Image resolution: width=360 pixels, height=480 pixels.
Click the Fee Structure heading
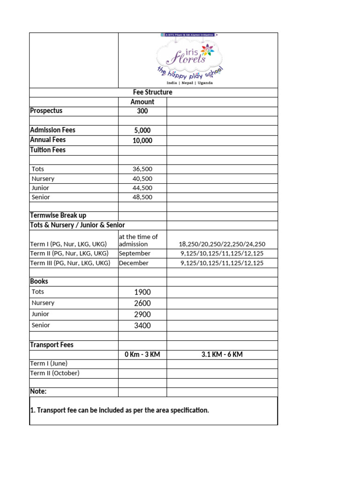click(x=152, y=92)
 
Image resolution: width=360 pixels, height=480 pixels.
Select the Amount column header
click(x=142, y=102)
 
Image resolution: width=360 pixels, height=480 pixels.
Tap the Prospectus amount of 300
click(x=142, y=111)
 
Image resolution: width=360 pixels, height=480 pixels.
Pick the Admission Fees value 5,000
click(x=142, y=130)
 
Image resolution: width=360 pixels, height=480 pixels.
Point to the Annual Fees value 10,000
click(x=142, y=140)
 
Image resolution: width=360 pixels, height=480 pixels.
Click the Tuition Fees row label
click(x=48, y=150)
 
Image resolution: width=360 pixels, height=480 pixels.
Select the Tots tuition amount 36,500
click(x=142, y=169)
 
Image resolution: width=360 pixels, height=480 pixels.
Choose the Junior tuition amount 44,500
click(x=142, y=188)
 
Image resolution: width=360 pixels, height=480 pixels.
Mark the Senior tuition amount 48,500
click(x=142, y=197)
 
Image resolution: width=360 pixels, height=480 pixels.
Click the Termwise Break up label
click(x=58, y=215)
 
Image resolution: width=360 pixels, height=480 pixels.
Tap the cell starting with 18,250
click(x=222, y=244)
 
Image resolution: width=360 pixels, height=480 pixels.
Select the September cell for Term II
click(x=135, y=254)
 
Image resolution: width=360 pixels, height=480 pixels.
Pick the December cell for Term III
click(x=134, y=263)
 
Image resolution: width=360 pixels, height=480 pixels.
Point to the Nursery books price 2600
click(x=142, y=303)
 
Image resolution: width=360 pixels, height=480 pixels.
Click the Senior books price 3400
click(x=142, y=326)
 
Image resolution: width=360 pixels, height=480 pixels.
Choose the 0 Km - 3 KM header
click(x=142, y=354)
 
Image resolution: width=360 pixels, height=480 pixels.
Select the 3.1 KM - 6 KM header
click(x=222, y=354)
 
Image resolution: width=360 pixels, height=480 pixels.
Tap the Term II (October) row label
click(x=55, y=373)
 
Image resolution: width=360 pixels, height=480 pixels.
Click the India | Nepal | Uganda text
click(x=189, y=83)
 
